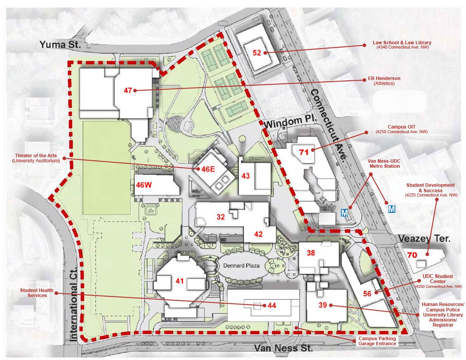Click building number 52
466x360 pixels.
point(257,53)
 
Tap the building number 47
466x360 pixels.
point(128,90)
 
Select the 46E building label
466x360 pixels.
point(208,169)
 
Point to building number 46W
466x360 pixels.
point(144,185)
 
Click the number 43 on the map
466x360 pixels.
point(245,176)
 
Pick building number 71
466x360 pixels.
point(304,152)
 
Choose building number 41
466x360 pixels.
point(179,281)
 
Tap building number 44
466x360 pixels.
point(271,306)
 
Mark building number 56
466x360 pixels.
point(367,293)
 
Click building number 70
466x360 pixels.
point(412,255)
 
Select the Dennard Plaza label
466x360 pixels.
point(241,266)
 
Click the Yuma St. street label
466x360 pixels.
point(60,45)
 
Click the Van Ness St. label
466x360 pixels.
point(283,348)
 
